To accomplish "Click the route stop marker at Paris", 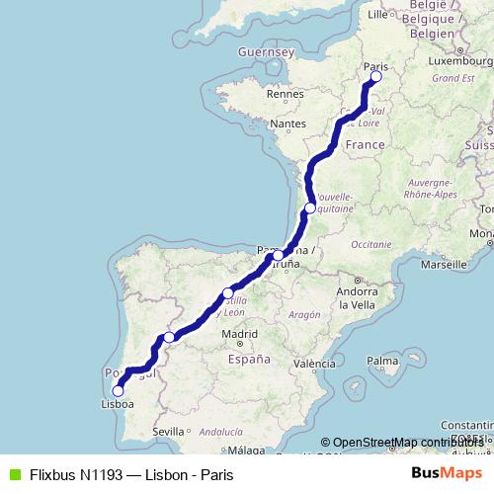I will (x=375, y=77).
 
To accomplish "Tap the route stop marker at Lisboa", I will (x=119, y=390).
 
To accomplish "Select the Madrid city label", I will (x=239, y=335).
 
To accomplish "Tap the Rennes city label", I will (x=283, y=95).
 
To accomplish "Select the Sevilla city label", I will (x=170, y=432).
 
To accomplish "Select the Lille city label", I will (x=377, y=15).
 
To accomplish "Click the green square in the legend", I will (x=15, y=474).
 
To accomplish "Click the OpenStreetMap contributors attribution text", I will (x=405, y=443).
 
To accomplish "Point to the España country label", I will (x=249, y=360).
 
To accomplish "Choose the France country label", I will (x=365, y=145).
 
